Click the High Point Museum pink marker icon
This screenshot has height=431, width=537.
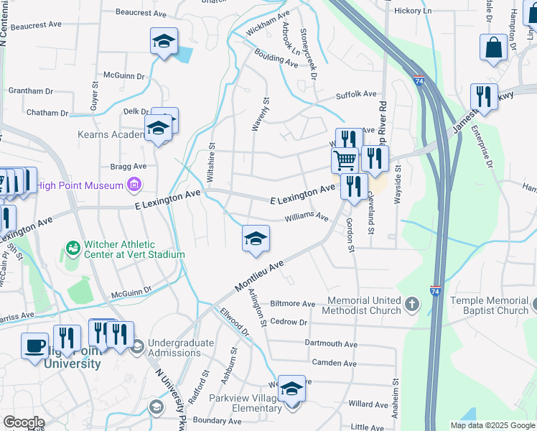click(133, 186)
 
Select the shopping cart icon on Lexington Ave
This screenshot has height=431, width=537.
click(345, 159)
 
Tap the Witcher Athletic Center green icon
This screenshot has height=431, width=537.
click(73, 249)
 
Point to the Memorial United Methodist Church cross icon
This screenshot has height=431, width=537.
click(412, 305)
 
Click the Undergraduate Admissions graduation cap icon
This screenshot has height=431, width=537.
click(137, 347)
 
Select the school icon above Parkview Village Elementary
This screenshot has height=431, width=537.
click(291, 388)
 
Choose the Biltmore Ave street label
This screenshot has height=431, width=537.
click(292, 304)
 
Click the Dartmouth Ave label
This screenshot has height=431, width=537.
click(330, 344)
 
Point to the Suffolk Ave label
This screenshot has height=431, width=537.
click(356, 94)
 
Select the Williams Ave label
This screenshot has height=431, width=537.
click(307, 216)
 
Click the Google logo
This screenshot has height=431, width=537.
click(24, 422)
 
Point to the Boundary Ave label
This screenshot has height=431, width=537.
click(218, 421)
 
